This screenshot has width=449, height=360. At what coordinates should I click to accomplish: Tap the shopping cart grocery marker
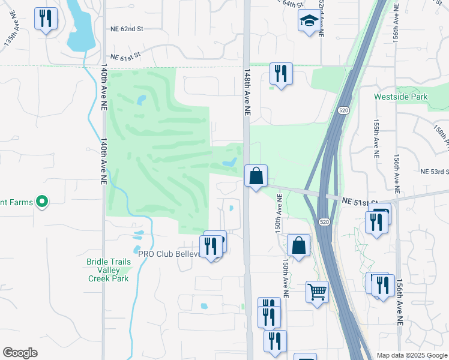point(317,292)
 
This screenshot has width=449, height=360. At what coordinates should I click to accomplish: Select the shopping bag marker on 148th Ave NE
point(256,176)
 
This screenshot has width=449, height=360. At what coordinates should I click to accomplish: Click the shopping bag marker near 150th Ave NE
point(298,245)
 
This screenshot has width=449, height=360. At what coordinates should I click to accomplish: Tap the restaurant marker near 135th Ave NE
point(46,19)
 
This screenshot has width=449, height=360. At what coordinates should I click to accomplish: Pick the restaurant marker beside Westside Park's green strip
point(281,74)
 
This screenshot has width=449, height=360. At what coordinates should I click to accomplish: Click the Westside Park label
point(401,96)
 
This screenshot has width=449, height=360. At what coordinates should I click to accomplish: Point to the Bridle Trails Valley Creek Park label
point(108,270)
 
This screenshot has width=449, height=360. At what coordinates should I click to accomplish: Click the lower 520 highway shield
point(324,222)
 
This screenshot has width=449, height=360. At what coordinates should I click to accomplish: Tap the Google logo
point(20,353)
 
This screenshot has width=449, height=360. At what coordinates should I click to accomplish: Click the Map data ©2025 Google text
point(412,355)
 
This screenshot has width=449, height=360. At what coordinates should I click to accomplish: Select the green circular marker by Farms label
point(42,203)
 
